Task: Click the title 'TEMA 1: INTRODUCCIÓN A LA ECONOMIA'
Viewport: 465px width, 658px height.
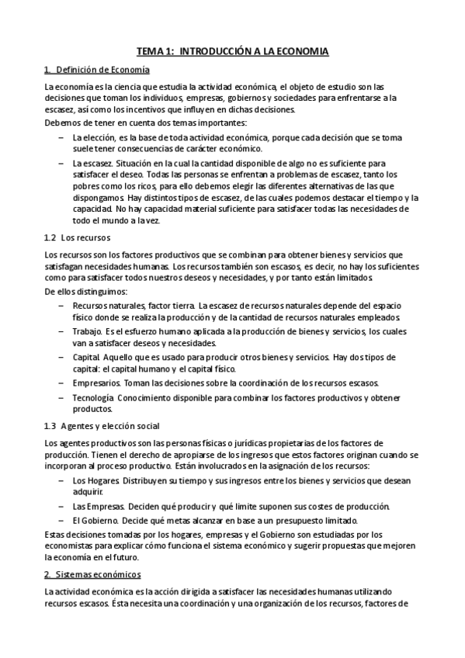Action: tap(232, 51)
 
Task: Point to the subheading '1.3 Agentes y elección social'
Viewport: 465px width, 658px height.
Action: tap(102, 426)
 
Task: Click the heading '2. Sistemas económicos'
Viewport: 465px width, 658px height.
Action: tap(92, 574)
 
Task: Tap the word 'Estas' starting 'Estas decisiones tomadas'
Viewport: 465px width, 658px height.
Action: tap(55, 535)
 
